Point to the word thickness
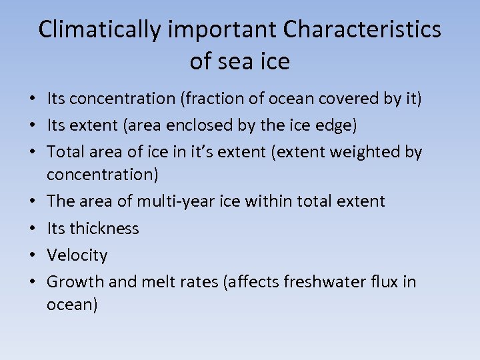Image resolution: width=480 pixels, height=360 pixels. (x=105, y=229)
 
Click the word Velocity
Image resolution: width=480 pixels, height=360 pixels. (x=77, y=255)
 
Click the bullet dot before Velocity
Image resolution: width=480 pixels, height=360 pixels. (x=33, y=255)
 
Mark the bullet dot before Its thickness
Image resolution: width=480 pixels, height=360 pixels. (x=33, y=229)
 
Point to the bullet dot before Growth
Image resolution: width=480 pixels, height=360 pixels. (x=33, y=282)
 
